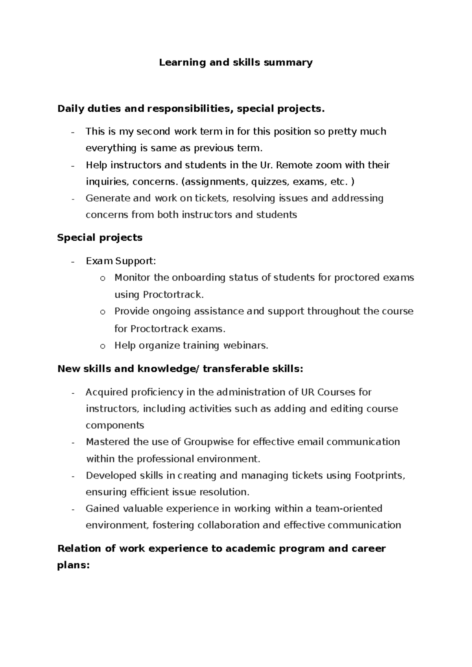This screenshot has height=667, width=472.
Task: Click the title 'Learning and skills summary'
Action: tap(236, 63)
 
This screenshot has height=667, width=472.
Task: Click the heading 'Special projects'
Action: tap(100, 238)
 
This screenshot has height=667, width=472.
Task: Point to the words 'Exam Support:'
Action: tap(121, 261)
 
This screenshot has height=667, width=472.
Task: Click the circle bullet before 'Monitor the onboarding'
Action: tap(103, 278)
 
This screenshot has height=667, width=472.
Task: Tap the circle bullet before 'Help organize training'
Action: tap(103, 346)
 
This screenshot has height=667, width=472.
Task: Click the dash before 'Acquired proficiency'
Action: tap(73, 392)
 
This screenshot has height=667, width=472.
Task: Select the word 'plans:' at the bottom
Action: tap(74, 566)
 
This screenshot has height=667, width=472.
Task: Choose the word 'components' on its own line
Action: tap(115, 426)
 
